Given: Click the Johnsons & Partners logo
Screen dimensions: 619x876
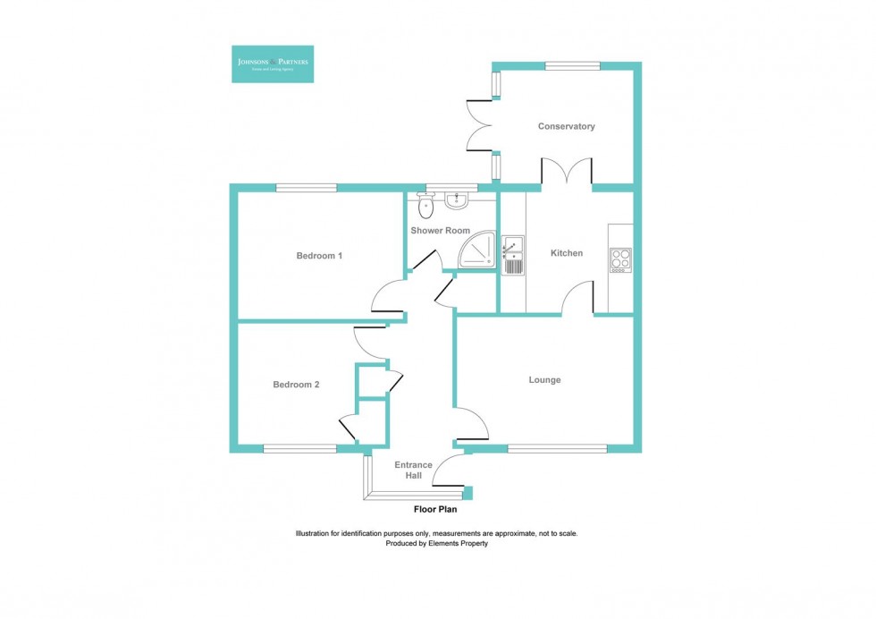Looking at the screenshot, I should (272, 64).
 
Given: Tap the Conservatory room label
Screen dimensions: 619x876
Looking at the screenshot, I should (566, 127).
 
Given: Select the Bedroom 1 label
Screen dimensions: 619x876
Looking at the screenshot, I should (319, 256).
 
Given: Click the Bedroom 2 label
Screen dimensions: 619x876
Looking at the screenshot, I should (296, 385).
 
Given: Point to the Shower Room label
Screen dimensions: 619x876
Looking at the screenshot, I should (440, 231).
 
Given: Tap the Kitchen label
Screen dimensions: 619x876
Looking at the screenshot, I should (566, 253).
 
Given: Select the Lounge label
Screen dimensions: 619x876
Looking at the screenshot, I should (544, 380).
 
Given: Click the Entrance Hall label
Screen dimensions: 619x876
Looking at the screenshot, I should (413, 471).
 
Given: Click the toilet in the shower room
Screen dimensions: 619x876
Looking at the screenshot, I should (425, 207).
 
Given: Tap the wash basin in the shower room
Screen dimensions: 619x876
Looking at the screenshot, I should (456, 199).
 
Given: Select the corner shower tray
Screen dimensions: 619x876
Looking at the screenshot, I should (477, 250).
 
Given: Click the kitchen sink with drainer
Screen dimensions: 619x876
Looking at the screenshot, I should (513, 255).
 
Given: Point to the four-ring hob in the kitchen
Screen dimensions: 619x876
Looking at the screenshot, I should (619, 259).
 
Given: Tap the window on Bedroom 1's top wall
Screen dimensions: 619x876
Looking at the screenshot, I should (306, 188).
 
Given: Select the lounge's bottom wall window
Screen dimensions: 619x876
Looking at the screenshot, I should (557, 448).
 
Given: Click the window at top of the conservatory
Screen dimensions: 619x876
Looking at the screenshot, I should (572, 65).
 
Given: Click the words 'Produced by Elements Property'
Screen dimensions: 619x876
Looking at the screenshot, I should (437, 544).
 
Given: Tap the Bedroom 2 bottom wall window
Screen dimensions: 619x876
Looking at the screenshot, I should (299, 448).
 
